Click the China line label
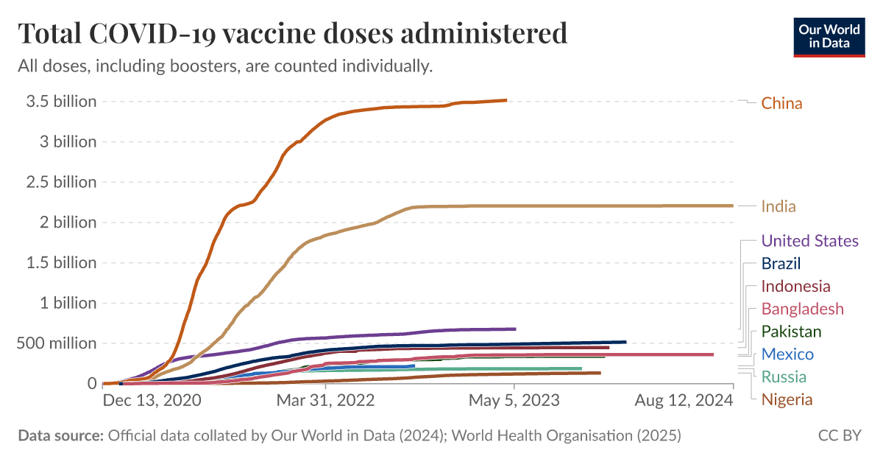781,103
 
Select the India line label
779,206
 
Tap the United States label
809,241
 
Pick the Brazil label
781,264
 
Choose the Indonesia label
795,287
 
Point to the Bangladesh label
802,309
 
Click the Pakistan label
791,332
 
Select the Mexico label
787,354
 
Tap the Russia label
784,377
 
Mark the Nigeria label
787,400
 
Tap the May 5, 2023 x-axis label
514,401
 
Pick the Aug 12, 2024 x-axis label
684,401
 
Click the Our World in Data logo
829,35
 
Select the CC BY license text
840,435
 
